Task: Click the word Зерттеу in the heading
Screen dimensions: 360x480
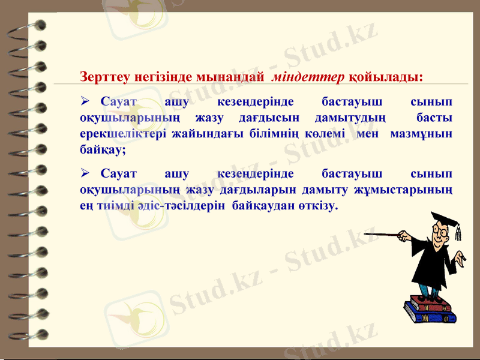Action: tap(103, 77)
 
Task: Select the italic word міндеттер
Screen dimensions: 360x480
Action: tap(308, 77)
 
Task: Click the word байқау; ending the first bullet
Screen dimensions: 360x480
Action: tap(103, 150)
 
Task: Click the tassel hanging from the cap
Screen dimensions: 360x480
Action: tap(458, 232)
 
